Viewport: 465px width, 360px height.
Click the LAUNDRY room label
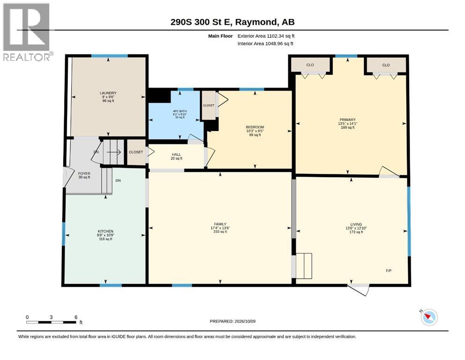click(x=108, y=93)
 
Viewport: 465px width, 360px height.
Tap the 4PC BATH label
click(x=180, y=111)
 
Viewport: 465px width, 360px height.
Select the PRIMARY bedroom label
click(x=347, y=120)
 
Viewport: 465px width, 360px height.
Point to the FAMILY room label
click(x=220, y=224)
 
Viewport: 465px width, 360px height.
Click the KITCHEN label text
click(x=105, y=231)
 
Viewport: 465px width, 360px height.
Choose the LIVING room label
click(x=356, y=225)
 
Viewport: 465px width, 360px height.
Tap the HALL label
click(x=176, y=155)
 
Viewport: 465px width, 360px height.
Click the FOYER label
click(x=84, y=173)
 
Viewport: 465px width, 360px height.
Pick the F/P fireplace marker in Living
click(x=389, y=270)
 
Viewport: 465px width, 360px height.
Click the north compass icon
click(x=429, y=317)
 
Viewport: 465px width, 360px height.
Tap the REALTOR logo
click(x=27, y=32)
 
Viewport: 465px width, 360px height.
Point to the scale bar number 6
click(x=76, y=317)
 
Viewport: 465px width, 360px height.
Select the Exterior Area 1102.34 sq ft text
click(x=266, y=36)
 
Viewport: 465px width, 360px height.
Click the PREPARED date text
click(x=232, y=321)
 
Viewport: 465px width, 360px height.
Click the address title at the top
click(x=232, y=22)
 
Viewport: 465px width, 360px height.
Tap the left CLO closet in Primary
click(x=310, y=65)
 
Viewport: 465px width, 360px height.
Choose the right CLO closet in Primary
click(x=386, y=65)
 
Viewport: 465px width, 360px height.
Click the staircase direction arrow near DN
click(x=114, y=152)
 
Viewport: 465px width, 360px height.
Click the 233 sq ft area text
click(x=220, y=232)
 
